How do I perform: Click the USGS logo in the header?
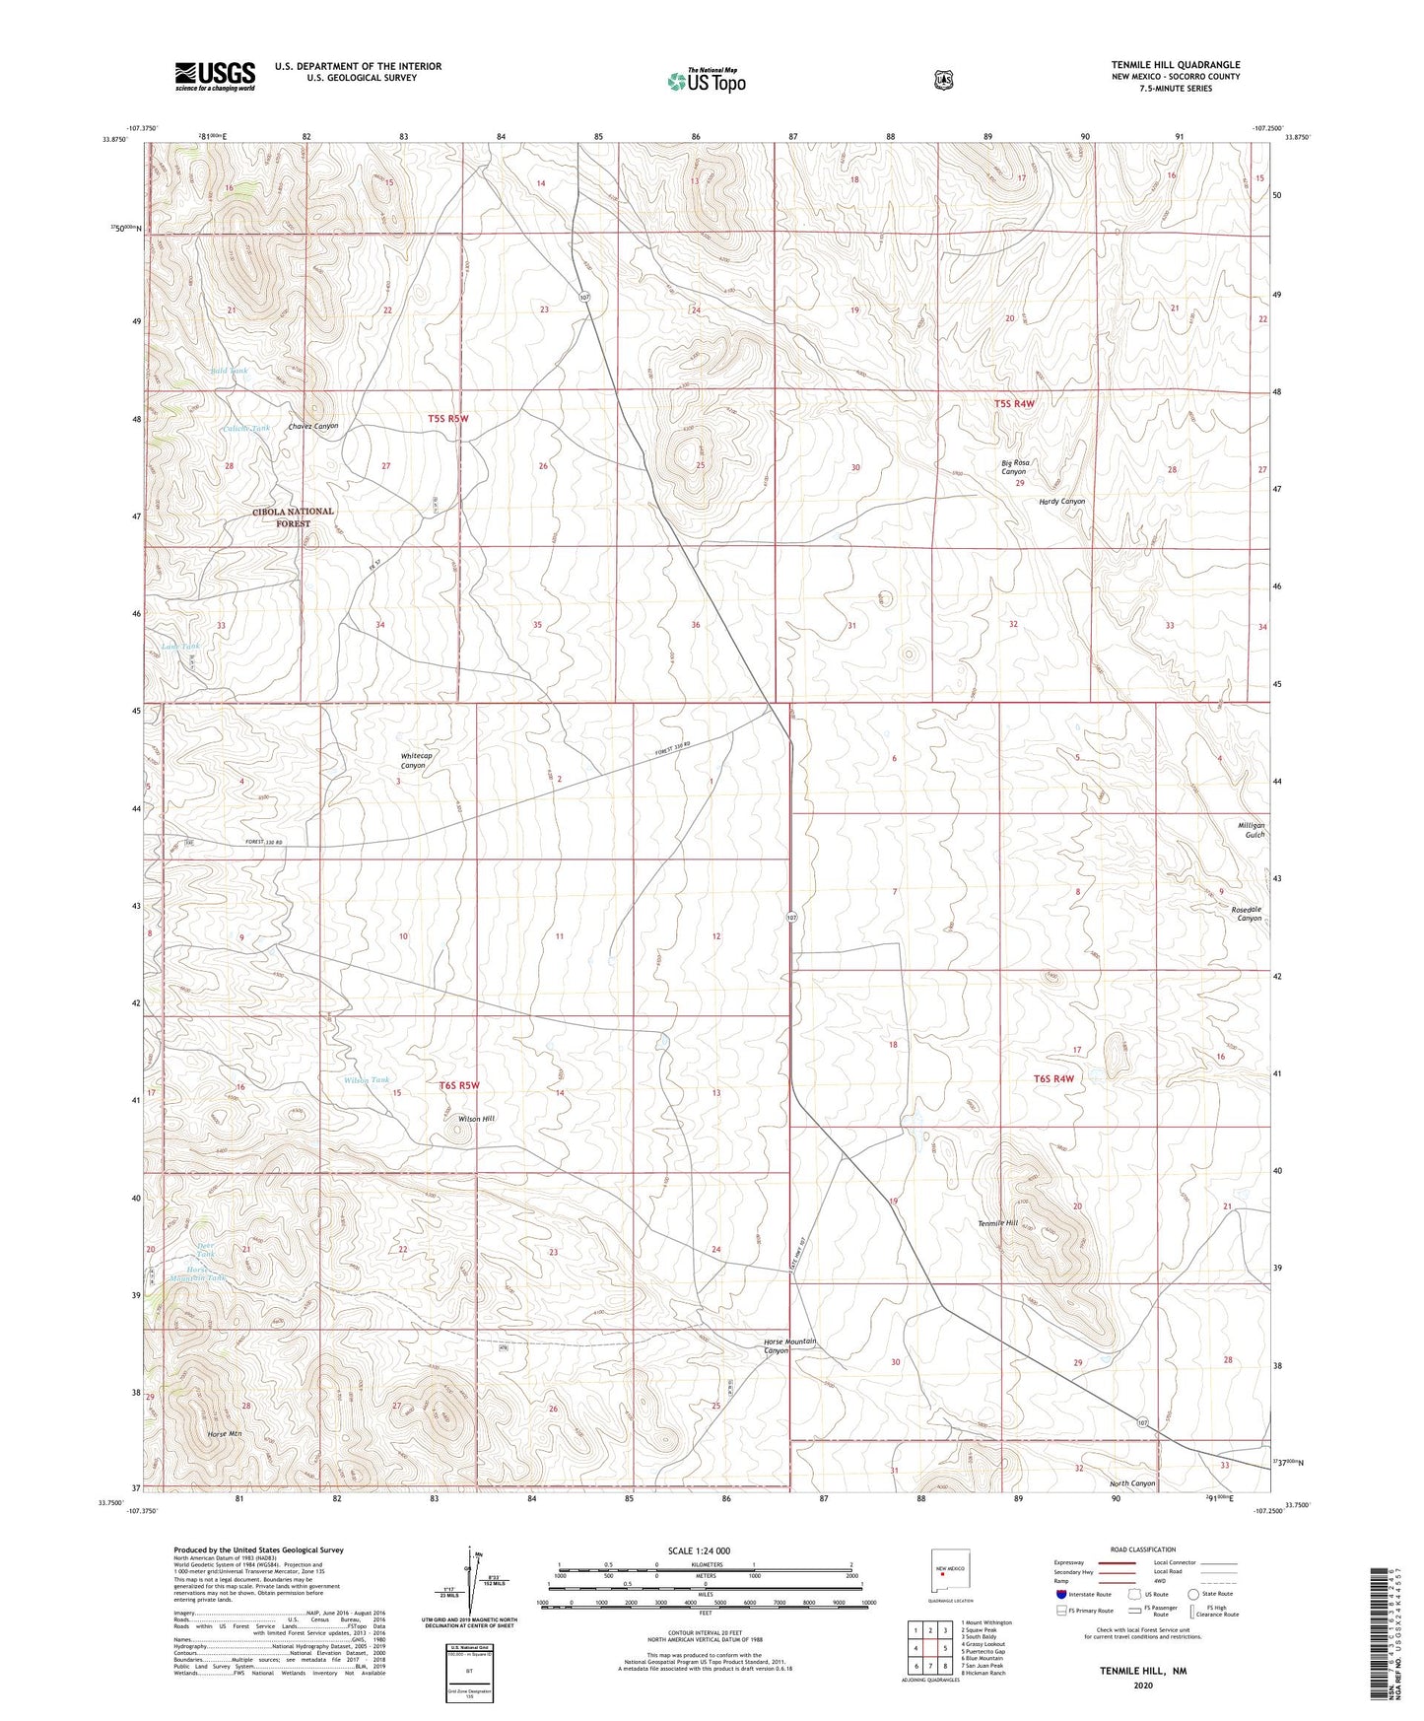pos(215,76)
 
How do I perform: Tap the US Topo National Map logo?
pos(706,81)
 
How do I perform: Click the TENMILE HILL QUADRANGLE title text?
pos(1176,65)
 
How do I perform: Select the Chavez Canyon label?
pos(313,426)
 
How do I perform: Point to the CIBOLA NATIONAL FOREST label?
pos(293,517)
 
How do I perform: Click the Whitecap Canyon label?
pos(416,760)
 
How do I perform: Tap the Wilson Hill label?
pos(476,1119)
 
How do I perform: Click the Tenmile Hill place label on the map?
pos(997,1223)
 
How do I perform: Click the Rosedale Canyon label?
pos(1249,913)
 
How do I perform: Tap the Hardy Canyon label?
pos(1061,501)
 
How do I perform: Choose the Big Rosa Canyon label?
pos(1015,466)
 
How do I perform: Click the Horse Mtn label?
pos(225,1433)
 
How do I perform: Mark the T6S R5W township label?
pos(458,1085)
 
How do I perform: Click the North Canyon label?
pos(1131,1483)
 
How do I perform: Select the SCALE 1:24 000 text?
pos(699,1550)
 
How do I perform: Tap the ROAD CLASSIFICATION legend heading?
pos(1142,1549)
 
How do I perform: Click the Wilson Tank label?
pos(366,1080)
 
